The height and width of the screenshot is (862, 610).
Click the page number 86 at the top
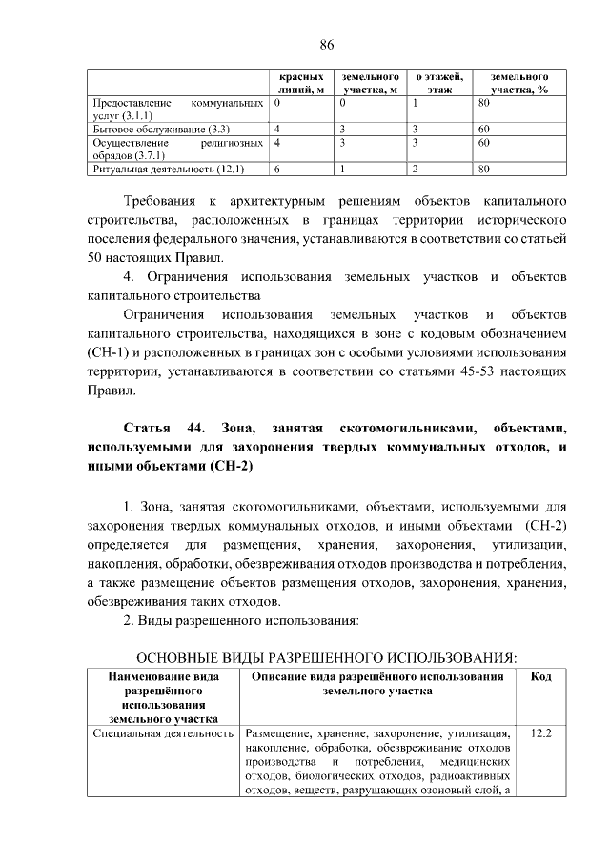(326, 45)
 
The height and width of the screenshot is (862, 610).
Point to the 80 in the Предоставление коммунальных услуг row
(484, 101)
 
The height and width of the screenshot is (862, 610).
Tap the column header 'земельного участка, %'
(518, 82)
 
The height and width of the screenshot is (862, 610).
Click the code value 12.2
(541, 734)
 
